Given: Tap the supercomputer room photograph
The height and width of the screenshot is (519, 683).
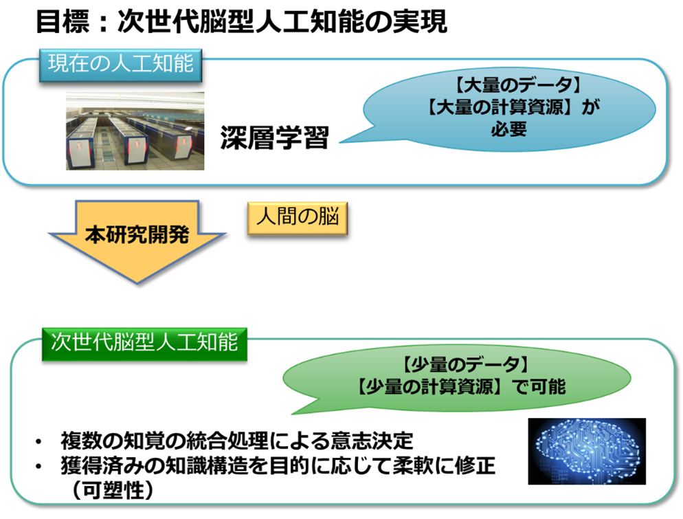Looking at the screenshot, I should point(135,131).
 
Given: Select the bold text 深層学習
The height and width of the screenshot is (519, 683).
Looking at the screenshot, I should point(274,138).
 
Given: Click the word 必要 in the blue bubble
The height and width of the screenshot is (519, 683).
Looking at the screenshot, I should point(508,129).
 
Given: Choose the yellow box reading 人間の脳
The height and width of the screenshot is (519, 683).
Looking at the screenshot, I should point(298,219).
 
